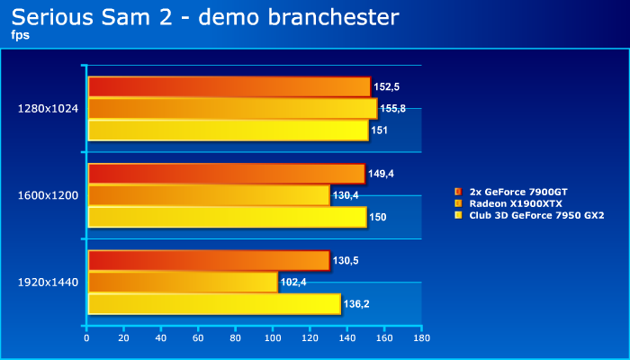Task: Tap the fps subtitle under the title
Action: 20,35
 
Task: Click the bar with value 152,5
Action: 229,86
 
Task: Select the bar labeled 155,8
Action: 232,108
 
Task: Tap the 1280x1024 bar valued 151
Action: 228,130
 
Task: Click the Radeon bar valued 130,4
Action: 209,195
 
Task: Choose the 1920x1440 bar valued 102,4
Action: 183,282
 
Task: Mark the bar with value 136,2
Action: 214,303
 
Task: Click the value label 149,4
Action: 382,174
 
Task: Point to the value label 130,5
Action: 346,260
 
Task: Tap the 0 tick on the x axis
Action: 87,338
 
